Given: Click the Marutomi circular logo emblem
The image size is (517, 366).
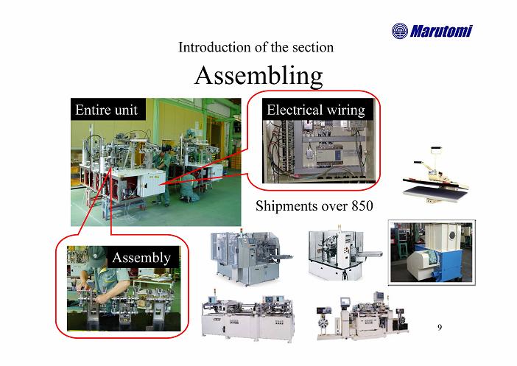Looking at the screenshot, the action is [x=400, y=31].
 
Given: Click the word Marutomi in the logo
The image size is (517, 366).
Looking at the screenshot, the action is [x=441, y=31].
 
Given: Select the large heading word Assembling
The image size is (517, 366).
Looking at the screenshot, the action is [x=258, y=77].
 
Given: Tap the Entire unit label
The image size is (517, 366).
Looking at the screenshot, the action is [x=106, y=110].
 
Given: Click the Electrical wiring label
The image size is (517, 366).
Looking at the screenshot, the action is [x=316, y=110].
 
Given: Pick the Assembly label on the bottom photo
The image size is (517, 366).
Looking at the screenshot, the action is [x=142, y=258].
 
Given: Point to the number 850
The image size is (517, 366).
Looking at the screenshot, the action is [x=362, y=205].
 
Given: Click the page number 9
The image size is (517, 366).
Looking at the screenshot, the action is [x=440, y=327].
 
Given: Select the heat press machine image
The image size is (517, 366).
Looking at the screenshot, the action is [x=435, y=175].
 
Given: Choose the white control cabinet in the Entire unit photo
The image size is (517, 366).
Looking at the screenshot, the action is [x=151, y=183].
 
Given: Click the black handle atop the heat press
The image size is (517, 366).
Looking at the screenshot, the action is [x=436, y=149].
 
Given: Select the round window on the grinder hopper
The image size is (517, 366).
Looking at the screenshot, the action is [x=452, y=235].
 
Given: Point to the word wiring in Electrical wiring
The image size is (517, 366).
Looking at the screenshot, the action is [x=345, y=110].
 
